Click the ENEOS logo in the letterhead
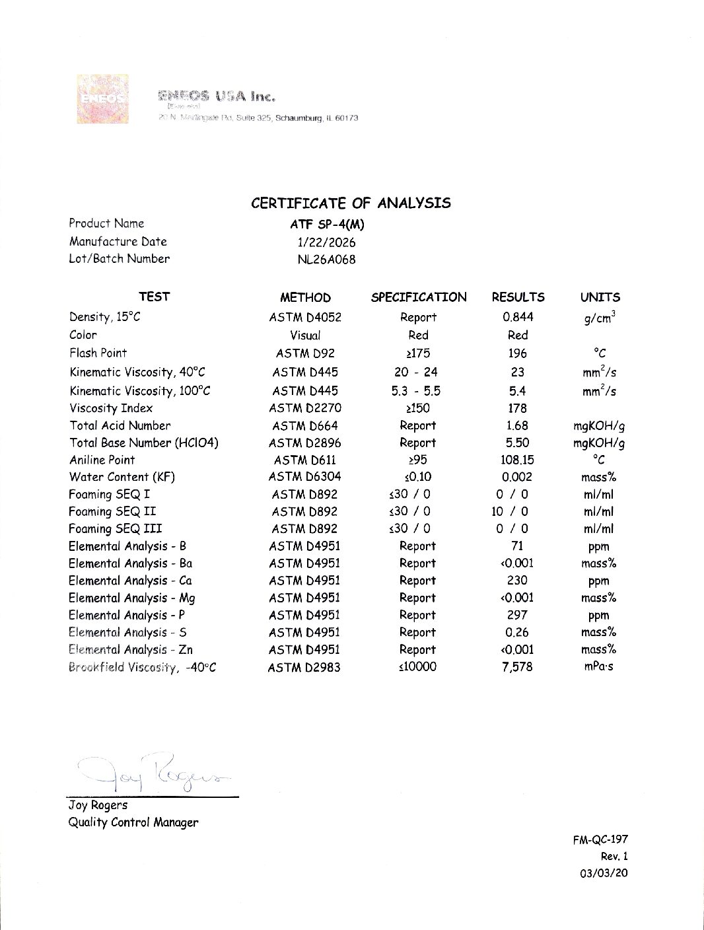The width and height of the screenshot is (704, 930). click(x=102, y=99)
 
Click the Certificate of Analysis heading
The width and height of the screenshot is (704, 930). click(x=351, y=203)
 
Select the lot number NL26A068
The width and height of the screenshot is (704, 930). click(x=326, y=260)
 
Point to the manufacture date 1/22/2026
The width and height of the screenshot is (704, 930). click(x=326, y=242)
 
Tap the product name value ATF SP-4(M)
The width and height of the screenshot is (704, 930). click(x=327, y=224)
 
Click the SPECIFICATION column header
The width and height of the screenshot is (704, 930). click(x=418, y=297)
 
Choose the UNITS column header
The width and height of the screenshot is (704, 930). click(x=600, y=297)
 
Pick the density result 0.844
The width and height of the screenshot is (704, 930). click(x=517, y=317)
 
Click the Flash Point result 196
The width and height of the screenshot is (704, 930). click(x=517, y=353)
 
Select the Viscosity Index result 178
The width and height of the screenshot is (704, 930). click(x=517, y=408)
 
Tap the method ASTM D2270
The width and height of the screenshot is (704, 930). click(x=305, y=408)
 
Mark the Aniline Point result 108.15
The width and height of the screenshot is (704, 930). click(x=517, y=460)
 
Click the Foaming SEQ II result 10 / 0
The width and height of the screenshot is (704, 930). click(x=509, y=511)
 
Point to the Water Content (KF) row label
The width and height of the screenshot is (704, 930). click(x=122, y=477)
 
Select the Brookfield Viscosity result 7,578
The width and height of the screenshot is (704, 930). click(x=517, y=666)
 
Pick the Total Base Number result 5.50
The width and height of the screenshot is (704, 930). click(x=517, y=443)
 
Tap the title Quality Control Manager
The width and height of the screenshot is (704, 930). click(x=133, y=822)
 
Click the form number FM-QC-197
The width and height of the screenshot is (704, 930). click(x=600, y=840)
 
